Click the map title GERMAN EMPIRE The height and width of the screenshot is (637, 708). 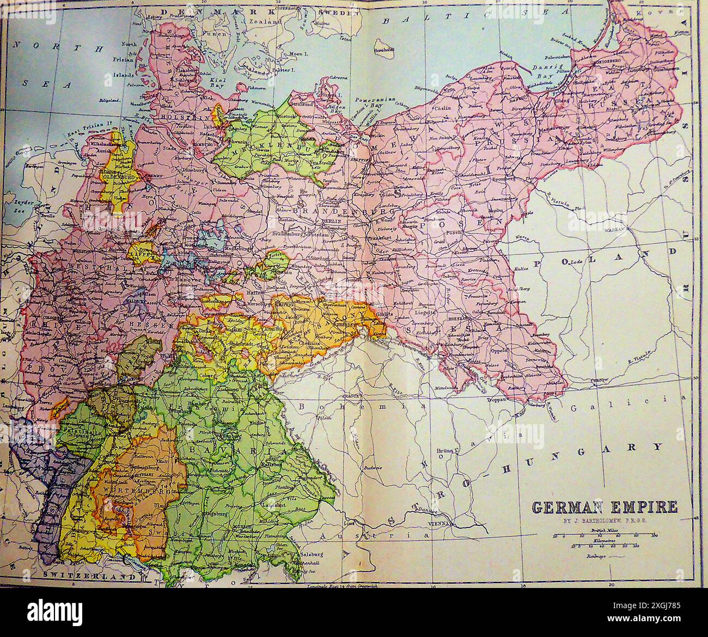(605, 507)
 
